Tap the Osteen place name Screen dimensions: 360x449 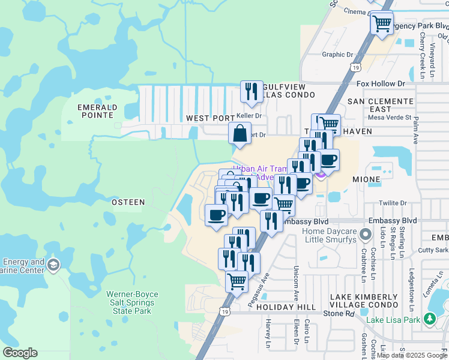coord(128,202)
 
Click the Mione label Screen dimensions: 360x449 coord(366,179)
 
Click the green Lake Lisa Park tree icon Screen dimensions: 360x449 coord(430,319)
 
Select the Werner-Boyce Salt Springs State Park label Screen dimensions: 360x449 coord(130,302)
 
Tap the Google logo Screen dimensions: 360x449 coord(20,353)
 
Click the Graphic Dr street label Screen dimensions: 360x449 coord(338,55)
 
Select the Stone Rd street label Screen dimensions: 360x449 coord(340,313)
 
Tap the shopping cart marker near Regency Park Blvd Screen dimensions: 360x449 coord(382,23)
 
